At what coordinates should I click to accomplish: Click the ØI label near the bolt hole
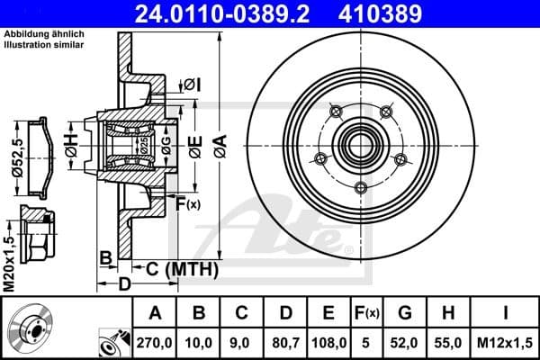tap(192, 85)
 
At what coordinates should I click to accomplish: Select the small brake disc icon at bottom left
tap(30, 328)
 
